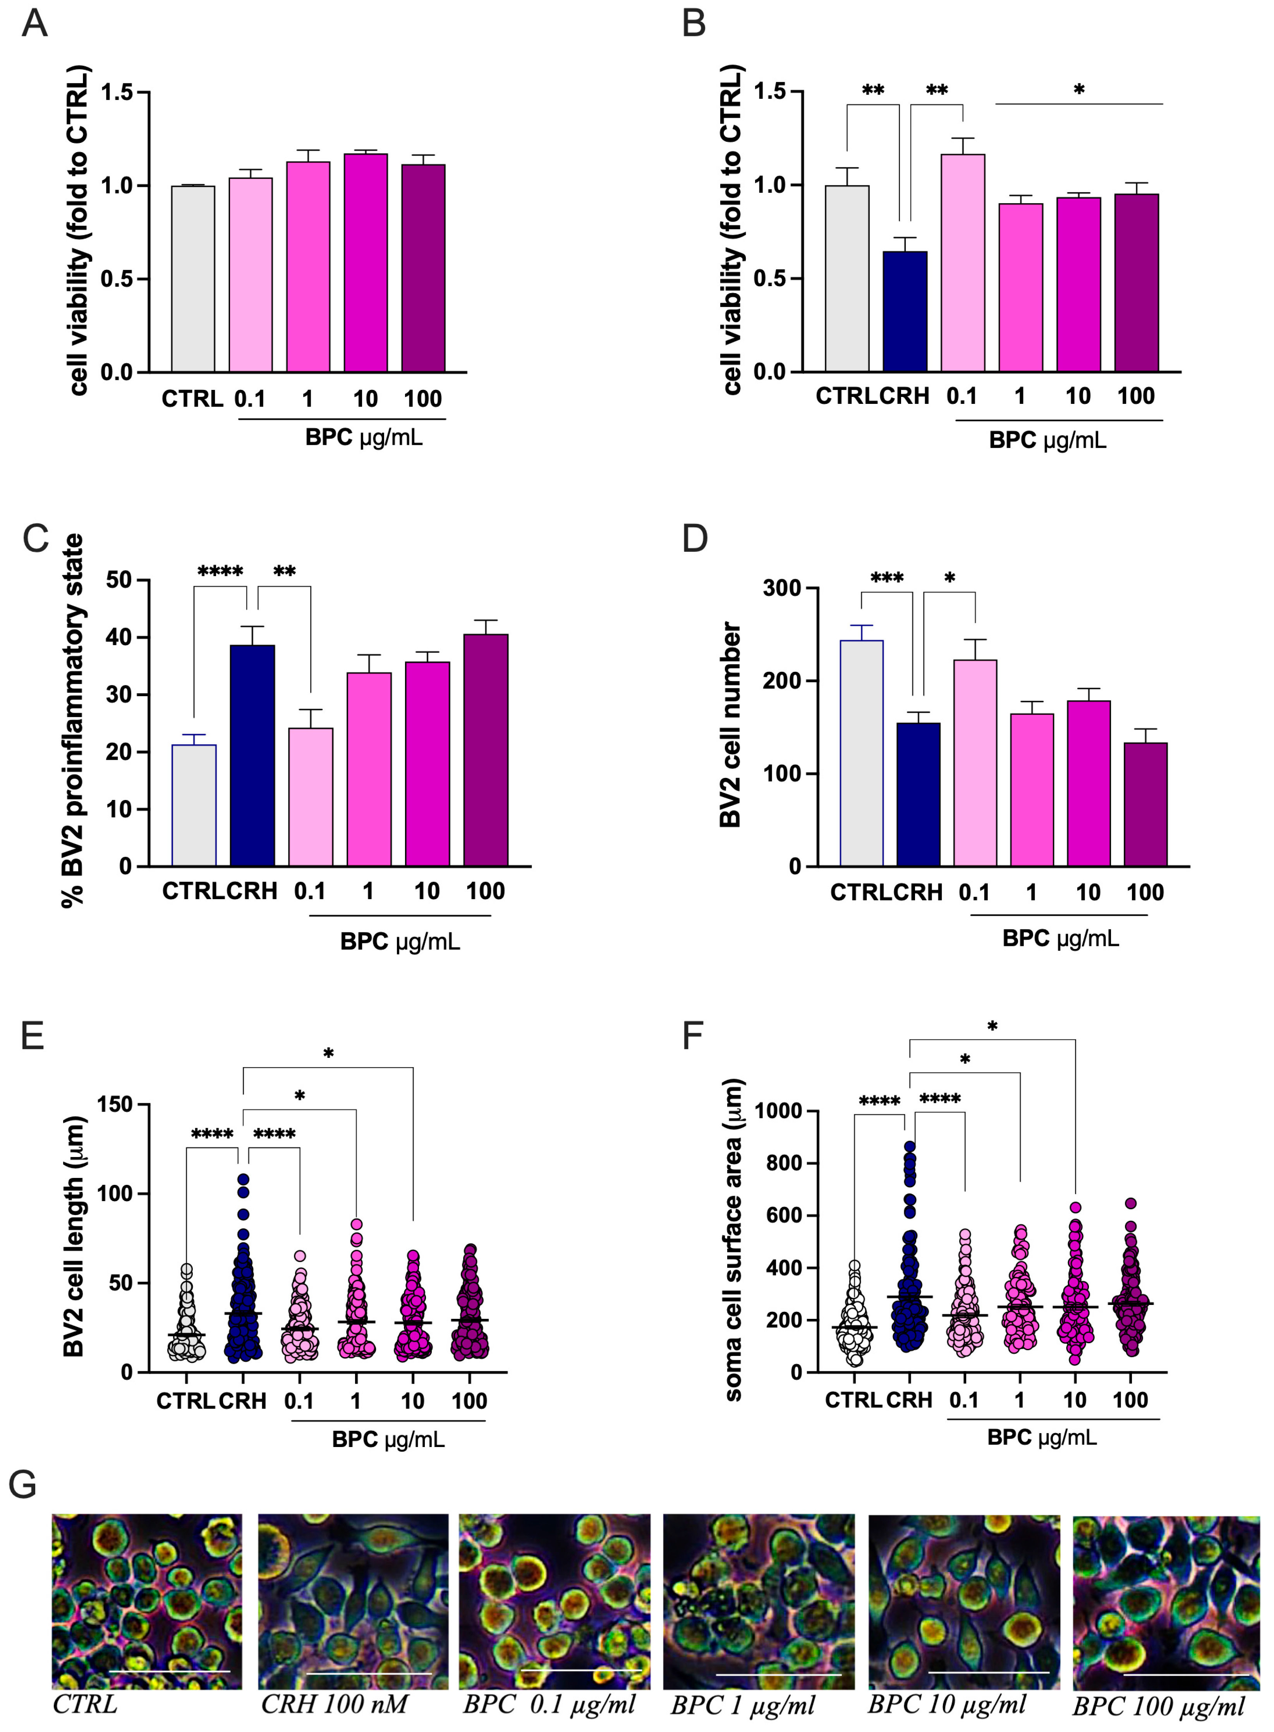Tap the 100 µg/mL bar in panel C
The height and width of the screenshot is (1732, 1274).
point(485,750)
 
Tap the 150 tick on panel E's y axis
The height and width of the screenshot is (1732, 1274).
point(114,1104)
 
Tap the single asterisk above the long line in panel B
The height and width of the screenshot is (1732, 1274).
point(1079,90)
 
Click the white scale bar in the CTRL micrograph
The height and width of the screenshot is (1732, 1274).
point(170,1671)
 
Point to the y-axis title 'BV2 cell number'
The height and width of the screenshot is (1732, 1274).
point(730,725)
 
